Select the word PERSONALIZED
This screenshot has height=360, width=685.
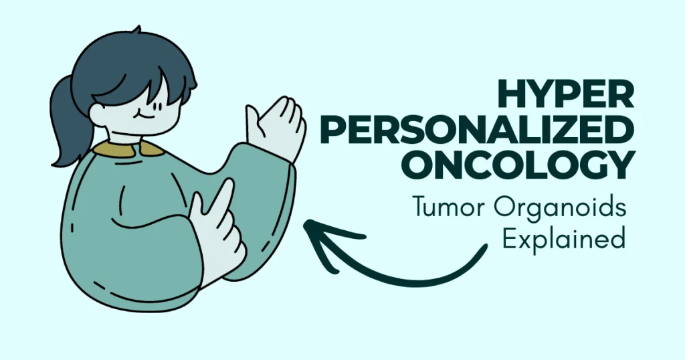pos(516,131)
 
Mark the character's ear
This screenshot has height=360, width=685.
pos(98,110)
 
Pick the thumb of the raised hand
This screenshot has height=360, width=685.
pos(253,120)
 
